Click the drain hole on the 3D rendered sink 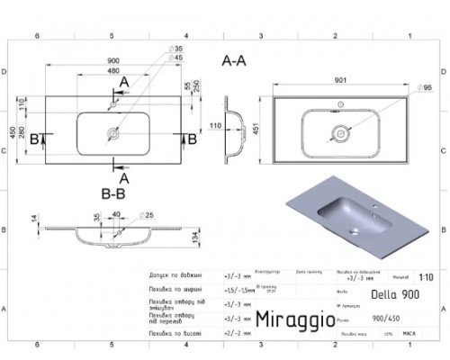click(355, 230)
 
